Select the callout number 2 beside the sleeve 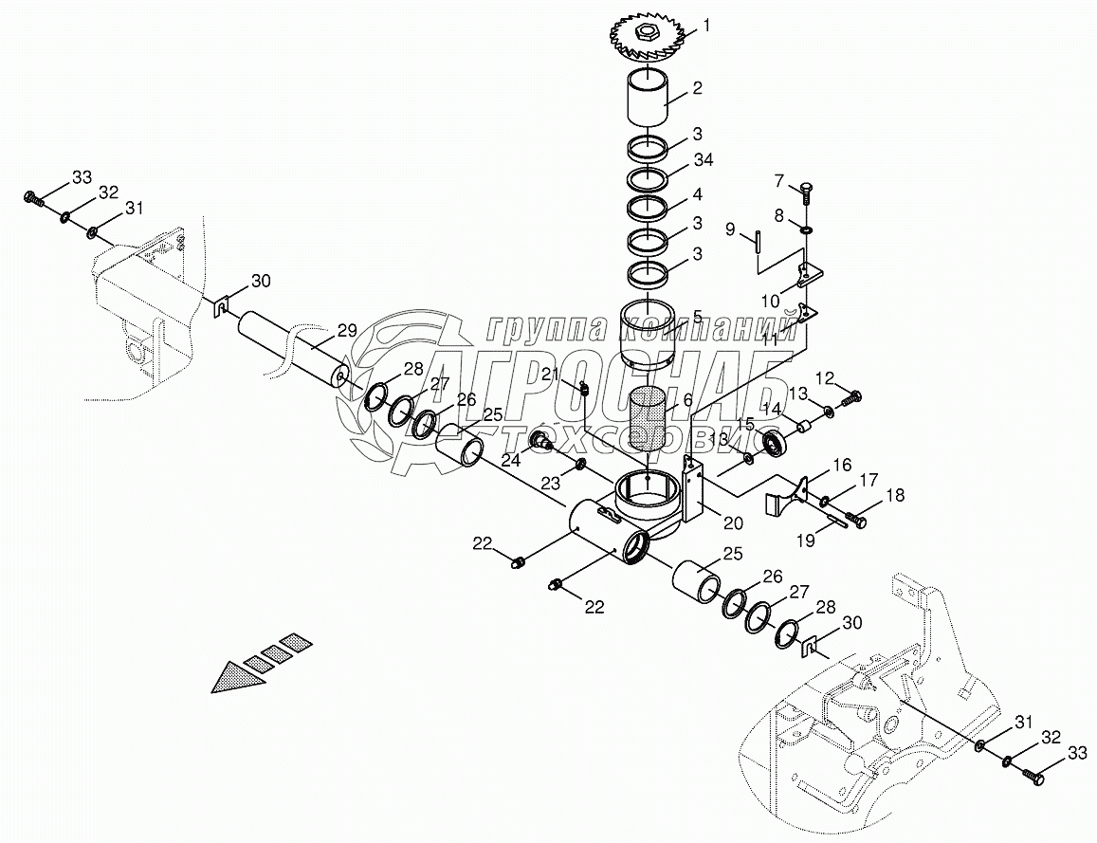[697, 89]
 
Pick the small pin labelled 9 [759, 241]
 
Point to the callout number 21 [550, 375]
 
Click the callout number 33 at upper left [82, 176]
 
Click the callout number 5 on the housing [697, 317]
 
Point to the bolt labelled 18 [856, 520]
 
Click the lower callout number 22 [594, 608]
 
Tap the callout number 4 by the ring [697, 194]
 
